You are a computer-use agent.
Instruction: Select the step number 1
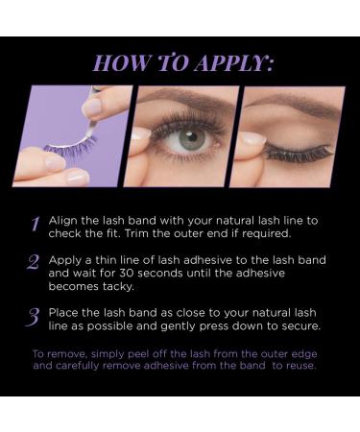(35, 225)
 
